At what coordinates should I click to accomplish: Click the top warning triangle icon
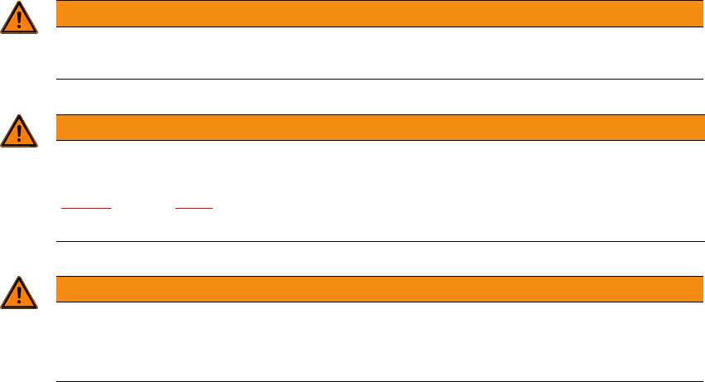point(19,19)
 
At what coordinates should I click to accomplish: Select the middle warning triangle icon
point(19,132)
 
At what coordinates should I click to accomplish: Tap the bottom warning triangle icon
point(19,293)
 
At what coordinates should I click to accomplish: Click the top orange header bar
point(373,14)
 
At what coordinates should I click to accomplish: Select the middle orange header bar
point(373,128)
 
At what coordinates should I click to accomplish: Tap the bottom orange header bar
point(373,288)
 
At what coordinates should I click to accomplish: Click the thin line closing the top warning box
point(373,79)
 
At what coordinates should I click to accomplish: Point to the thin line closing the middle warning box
point(373,241)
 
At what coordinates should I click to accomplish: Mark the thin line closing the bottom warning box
point(373,381)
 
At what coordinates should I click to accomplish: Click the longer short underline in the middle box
point(87,208)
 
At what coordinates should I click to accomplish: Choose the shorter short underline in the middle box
point(194,208)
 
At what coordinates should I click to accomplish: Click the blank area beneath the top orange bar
point(373,52)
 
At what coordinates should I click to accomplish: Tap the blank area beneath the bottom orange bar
point(373,341)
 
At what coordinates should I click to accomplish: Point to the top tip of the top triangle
point(19,4)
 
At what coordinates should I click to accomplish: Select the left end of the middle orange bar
point(59,128)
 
